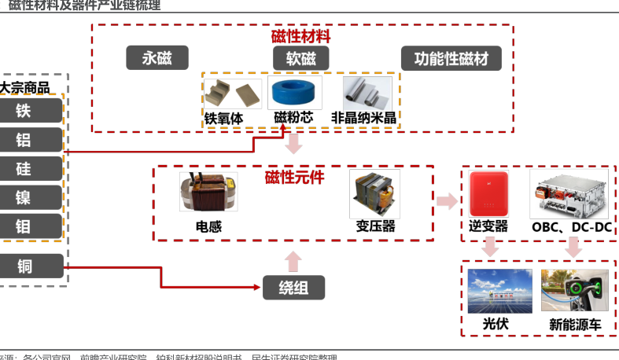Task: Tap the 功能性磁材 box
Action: click(x=451, y=58)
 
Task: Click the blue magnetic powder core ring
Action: click(x=294, y=94)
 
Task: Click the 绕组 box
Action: click(x=293, y=288)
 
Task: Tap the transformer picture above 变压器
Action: click(x=374, y=193)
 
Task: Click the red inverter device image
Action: click(x=488, y=193)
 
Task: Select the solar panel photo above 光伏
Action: click(x=499, y=291)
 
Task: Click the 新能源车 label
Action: click(x=574, y=324)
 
